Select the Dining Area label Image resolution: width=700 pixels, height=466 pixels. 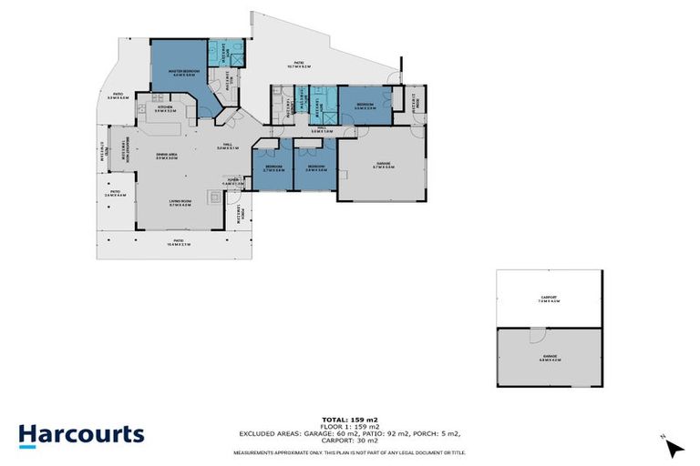166,156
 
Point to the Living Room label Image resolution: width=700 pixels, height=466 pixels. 180,204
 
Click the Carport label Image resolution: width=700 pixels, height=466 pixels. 549,299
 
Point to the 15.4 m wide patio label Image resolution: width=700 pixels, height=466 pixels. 178,242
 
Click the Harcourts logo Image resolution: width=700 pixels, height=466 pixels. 81,434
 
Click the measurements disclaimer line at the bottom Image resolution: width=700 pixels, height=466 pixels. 350,452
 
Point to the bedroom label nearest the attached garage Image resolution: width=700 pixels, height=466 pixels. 316,168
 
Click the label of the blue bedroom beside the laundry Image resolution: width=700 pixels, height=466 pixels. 365,106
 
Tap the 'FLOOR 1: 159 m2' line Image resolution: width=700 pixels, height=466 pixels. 350,424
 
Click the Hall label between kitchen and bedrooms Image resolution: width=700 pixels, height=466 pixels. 226,147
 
